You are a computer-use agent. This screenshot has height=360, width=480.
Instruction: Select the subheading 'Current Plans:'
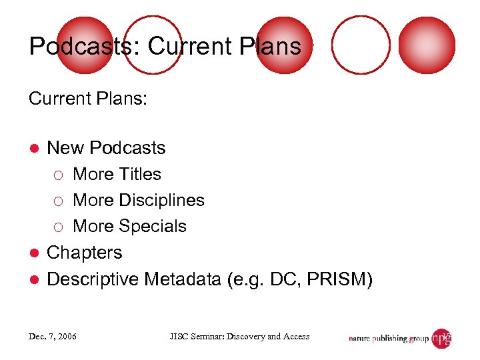[x=87, y=99]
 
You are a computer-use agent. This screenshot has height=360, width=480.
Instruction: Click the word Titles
[x=140, y=174]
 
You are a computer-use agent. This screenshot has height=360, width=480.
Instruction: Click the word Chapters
[x=85, y=253]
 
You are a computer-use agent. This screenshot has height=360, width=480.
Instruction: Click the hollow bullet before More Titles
[x=59, y=175]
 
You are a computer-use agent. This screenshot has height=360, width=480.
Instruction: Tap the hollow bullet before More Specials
[x=59, y=227]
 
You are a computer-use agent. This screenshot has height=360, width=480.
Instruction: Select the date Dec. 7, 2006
[x=53, y=337]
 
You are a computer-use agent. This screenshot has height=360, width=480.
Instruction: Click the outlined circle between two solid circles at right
[x=361, y=44]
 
